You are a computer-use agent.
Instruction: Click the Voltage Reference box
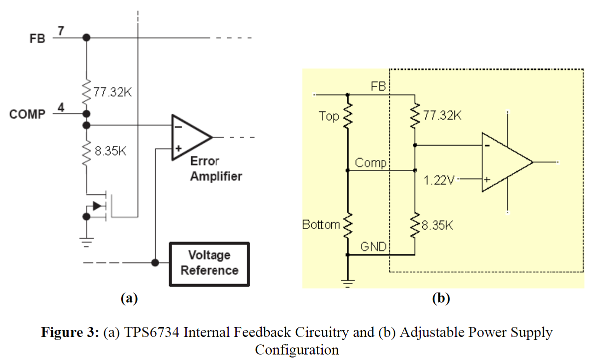click(209, 263)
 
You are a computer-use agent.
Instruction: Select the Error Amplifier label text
click(216, 169)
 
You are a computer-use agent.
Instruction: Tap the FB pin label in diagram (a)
click(37, 38)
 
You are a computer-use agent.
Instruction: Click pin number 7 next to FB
click(60, 30)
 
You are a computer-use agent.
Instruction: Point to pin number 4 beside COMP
click(60, 107)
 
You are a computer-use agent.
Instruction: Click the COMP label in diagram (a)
click(27, 114)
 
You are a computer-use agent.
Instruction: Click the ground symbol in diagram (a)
click(87, 242)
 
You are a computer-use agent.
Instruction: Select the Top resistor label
click(329, 116)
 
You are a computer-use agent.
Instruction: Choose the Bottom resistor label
click(321, 225)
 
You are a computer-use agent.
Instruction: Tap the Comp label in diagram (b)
click(370, 163)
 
